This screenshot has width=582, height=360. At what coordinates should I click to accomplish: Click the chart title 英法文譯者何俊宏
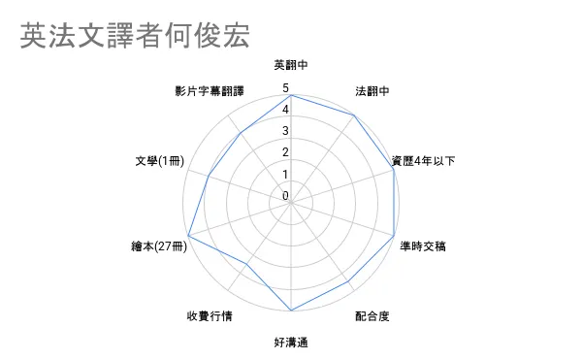135,36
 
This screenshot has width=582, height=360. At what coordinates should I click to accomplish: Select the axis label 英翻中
291,65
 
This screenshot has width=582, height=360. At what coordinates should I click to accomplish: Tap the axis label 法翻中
372,91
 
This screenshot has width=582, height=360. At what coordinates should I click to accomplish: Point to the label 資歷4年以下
424,161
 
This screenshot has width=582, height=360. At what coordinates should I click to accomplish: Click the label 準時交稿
423,246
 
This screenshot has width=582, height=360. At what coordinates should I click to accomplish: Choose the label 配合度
372,316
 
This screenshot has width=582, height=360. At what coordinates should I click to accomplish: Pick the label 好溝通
291,343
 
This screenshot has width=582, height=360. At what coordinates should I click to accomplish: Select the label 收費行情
210,316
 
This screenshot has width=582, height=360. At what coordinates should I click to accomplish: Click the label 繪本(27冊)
159,246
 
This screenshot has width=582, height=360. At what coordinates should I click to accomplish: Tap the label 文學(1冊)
160,161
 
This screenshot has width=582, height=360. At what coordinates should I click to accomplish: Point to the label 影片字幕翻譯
210,91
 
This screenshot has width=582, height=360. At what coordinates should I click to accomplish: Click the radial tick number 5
285,88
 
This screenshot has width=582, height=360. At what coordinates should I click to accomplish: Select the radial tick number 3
285,131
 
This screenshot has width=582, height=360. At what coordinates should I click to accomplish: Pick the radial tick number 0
285,196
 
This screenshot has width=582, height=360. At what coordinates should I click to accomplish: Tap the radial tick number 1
285,174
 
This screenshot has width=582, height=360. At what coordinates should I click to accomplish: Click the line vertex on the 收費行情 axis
246,264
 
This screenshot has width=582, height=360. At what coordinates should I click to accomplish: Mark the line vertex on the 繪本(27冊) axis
188,236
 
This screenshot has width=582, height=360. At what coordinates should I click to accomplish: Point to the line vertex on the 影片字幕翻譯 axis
241,133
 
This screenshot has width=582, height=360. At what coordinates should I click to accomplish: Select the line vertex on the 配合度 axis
348,282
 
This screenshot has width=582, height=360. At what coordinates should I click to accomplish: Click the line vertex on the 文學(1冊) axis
209,176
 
